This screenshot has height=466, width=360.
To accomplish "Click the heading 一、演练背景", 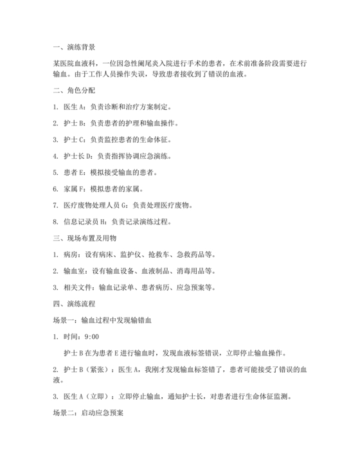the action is pos(74,47).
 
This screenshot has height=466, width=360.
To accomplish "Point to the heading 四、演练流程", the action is pos(74,301).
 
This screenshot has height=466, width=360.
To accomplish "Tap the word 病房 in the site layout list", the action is pos(71,255).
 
